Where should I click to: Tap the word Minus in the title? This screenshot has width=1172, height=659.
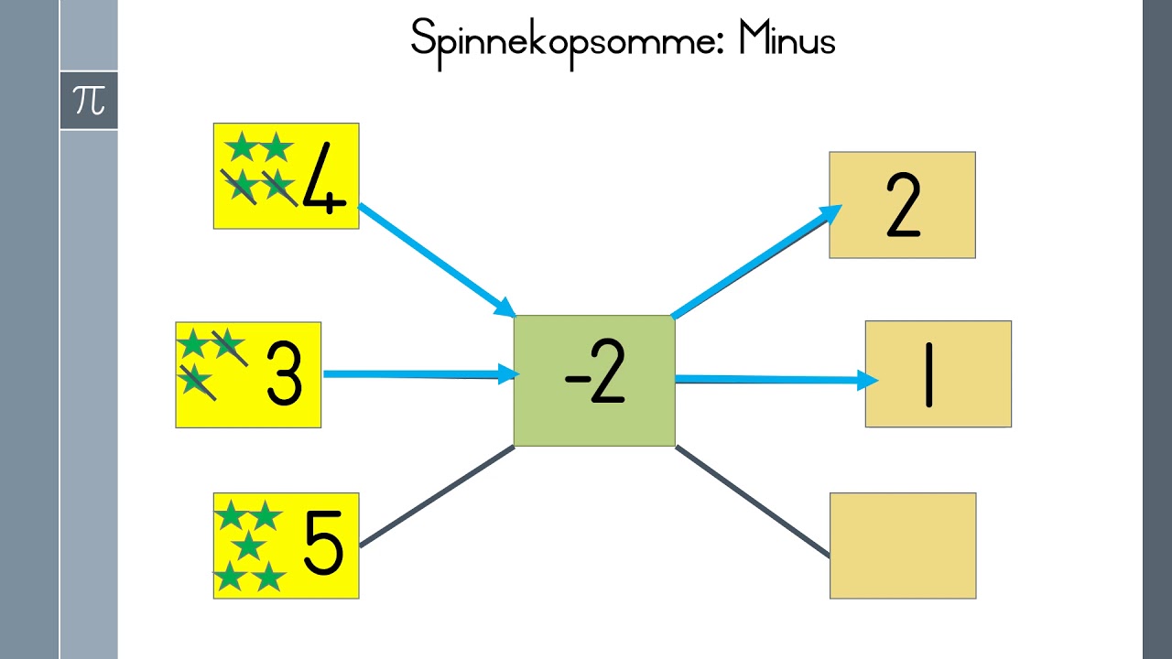pyautogui.click(x=787, y=38)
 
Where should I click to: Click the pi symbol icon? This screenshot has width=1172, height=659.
pyautogui.click(x=89, y=101)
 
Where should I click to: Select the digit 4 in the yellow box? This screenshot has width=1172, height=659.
pyautogui.click(x=324, y=178)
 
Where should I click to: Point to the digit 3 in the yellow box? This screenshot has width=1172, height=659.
pyautogui.click(x=284, y=373)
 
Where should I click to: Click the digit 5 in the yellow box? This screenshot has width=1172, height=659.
pyautogui.click(x=323, y=543)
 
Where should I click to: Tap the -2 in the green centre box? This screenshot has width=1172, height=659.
pyautogui.click(x=595, y=372)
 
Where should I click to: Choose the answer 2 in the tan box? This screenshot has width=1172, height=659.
pyautogui.click(x=903, y=205)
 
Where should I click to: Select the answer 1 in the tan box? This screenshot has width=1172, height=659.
pyautogui.click(x=928, y=374)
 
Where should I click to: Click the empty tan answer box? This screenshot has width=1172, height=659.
pyautogui.click(x=903, y=546)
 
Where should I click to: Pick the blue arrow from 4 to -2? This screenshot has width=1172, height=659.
pyautogui.click(x=438, y=261)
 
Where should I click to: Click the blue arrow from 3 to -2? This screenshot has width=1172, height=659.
pyautogui.click(x=421, y=374)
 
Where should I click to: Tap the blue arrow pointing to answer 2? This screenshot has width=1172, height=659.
pyautogui.click(x=756, y=262)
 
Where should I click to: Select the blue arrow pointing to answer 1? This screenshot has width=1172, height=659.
pyautogui.click(x=777, y=379)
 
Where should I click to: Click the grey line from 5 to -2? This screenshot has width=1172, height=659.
pyautogui.click(x=438, y=496)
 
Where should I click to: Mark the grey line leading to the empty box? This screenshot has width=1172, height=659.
pyautogui.click(x=753, y=501)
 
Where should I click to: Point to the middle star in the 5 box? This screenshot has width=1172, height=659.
pyautogui.click(x=248, y=545)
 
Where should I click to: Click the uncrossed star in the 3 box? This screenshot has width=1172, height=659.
pyautogui.click(x=193, y=343)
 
